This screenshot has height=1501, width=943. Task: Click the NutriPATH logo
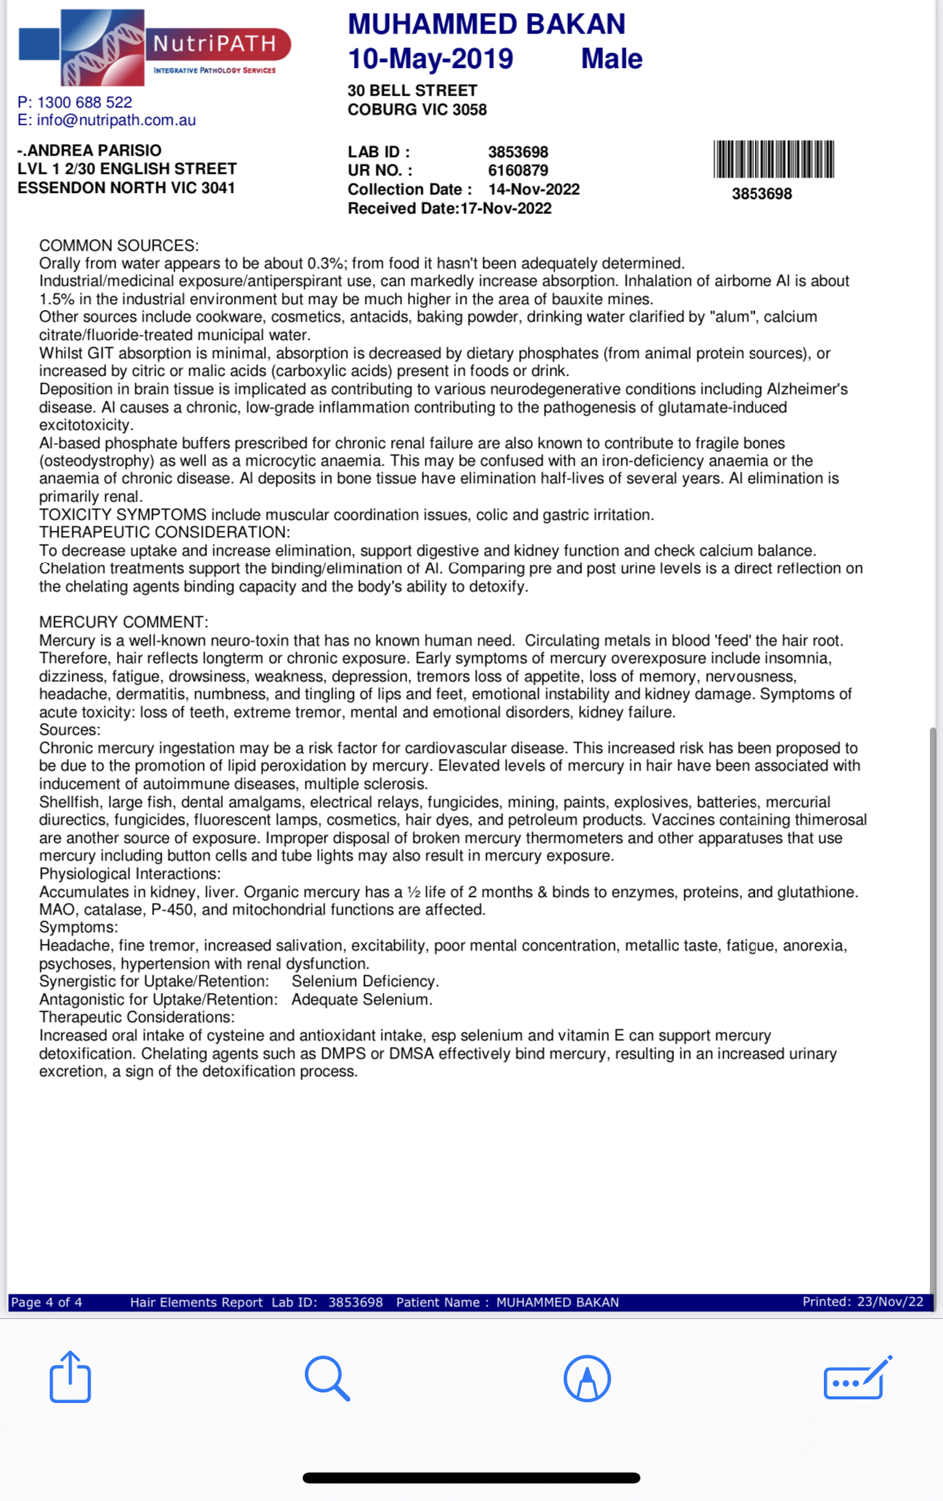tap(154, 48)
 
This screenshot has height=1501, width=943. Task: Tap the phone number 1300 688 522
tap(85, 102)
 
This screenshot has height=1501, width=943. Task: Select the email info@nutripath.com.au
tap(116, 120)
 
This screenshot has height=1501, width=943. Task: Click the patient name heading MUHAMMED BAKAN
tap(486, 24)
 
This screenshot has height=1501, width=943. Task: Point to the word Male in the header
tap(611, 58)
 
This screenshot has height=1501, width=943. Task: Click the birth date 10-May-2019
tap(430, 58)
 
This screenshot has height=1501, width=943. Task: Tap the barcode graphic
tap(773, 159)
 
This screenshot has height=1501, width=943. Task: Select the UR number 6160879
tap(518, 170)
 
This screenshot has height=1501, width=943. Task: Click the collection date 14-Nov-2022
tap(534, 189)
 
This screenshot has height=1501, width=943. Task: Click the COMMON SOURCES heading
tap(118, 246)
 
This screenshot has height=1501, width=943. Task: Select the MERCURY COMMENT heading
tap(124, 622)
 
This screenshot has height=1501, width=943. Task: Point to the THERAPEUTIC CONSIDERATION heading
tap(164, 532)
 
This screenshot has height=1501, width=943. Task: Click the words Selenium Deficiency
tap(365, 981)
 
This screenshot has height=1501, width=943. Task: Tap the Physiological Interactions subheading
tap(129, 874)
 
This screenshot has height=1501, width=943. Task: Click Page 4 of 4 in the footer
tap(46, 1302)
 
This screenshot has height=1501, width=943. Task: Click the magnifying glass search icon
tap(327, 1378)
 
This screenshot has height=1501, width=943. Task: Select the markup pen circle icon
tap(587, 1378)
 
